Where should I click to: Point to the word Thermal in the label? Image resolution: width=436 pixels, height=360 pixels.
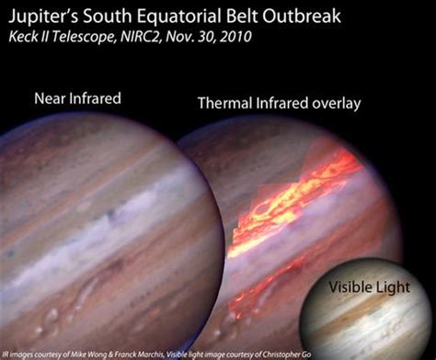click(x=224, y=104)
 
